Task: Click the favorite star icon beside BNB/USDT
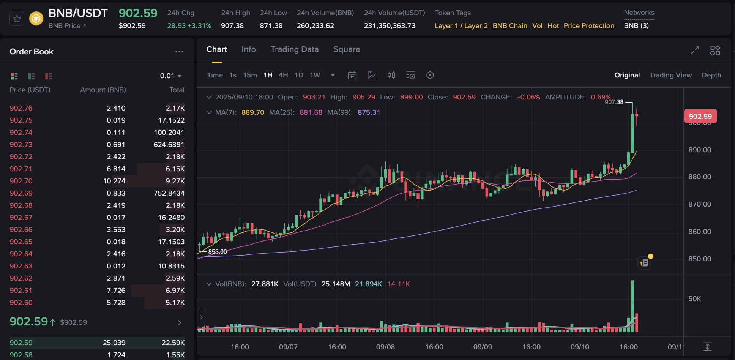coord(17,19)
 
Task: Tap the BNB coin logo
coord(36,19)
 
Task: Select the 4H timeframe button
coord(283,75)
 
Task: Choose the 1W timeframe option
coord(315,75)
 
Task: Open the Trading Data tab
coord(294,49)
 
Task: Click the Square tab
coord(347,49)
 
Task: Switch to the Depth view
coord(711,75)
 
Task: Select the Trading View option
coord(670,75)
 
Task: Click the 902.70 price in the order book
coord(21,181)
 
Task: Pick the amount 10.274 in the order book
coord(114,181)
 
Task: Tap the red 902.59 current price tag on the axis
coord(700,116)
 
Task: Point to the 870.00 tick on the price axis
coord(700,204)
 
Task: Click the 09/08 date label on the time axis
coord(385,347)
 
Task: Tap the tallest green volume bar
coord(632,306)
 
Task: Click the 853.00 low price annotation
coord(218,252)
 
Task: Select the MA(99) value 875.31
coord(369,112)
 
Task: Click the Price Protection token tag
coord(588,26)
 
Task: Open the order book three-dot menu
coord(179,52)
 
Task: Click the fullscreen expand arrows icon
coord(694,51)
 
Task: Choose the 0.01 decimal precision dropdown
coord(170,76)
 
